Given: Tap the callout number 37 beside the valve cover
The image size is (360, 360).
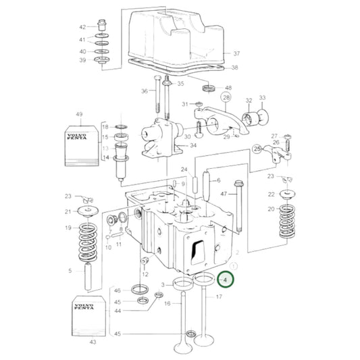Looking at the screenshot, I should coord(236,53).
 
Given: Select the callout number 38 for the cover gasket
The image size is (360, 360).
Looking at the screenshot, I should coord(234,68).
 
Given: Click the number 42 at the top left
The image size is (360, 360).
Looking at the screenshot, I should coord(82,28).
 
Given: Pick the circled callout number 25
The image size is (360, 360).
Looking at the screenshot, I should coord(257,148).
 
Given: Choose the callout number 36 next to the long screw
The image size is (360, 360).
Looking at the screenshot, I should coord(145,91).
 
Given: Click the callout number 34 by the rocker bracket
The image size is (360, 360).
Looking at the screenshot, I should coord(192,145).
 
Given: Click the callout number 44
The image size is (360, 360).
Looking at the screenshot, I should coord(117,311).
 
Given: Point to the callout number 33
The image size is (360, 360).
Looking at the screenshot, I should coord(263,98).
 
